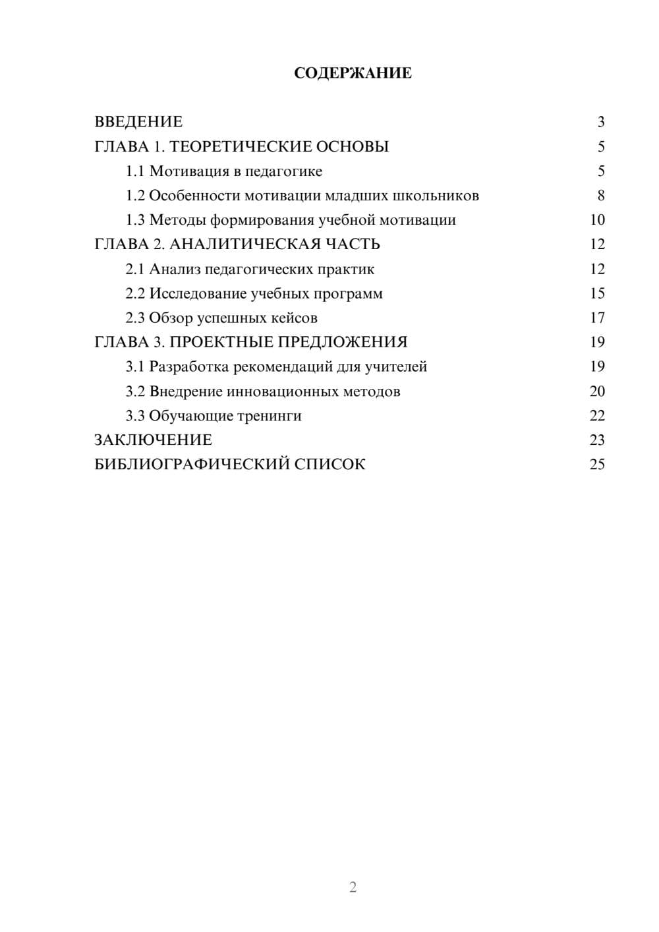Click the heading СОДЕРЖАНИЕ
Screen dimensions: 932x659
353,73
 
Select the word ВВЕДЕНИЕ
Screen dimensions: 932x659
138,122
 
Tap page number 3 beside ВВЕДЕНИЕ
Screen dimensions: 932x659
600,122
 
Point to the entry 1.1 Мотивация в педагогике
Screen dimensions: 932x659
224,171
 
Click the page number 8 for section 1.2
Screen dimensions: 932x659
600,196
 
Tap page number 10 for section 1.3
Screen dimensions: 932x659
597,220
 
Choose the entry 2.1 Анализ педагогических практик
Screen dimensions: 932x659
250,269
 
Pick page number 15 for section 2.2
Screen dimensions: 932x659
597,293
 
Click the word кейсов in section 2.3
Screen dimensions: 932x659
294,318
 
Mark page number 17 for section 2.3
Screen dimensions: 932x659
597,318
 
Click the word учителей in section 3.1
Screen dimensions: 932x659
396,366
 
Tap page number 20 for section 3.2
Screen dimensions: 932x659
597,392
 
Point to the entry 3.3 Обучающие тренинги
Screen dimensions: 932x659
214,416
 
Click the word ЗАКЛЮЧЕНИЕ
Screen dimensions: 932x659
153,440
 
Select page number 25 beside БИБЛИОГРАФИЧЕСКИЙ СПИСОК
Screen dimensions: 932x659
597,465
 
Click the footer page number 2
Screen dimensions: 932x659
353,887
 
